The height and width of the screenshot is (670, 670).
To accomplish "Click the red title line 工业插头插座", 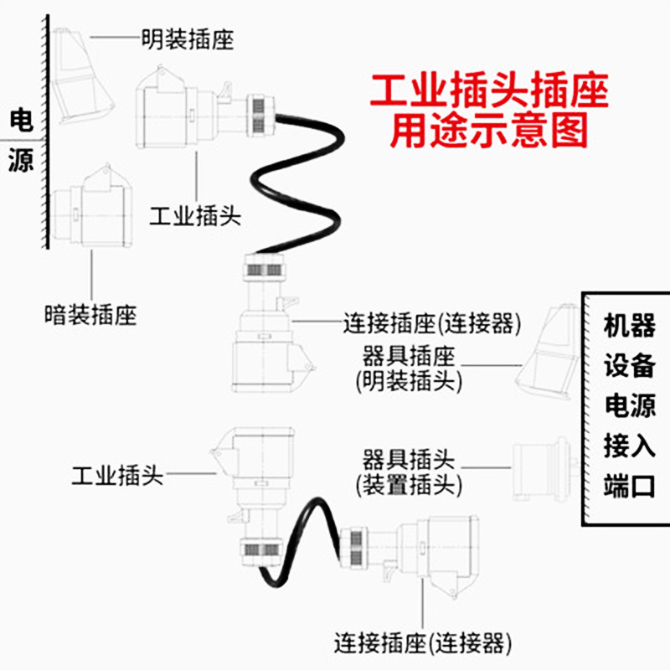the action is [489, 92].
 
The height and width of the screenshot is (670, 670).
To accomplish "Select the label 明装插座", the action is [188, 39].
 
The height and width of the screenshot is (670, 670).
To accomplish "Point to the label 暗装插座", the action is [90, 315].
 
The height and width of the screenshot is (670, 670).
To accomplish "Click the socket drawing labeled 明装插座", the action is [80, 75].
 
